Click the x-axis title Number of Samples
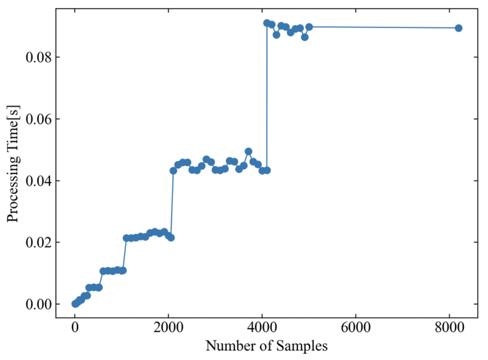(x=266, y=347)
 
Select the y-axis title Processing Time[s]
(x=13, y=164)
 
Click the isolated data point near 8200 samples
(x=458, y=28)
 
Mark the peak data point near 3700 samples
(x=248, y=151)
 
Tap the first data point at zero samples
(x=75, y=304)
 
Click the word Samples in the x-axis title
(x=303, y=347)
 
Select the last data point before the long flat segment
(x=309, y=27)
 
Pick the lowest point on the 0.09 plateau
(x=304, y=37)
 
